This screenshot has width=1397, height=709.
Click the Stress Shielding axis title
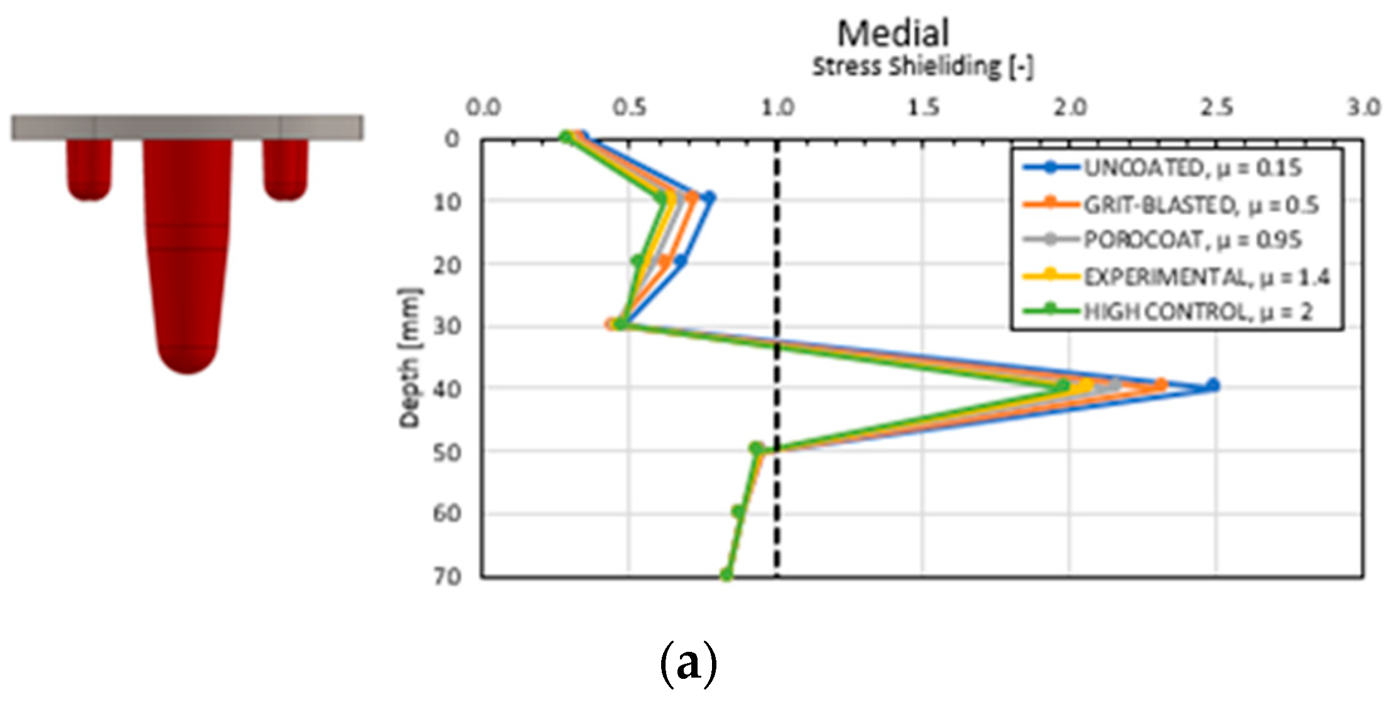(x=922, y=67)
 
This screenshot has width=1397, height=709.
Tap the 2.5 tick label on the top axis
(x=1216, y=108)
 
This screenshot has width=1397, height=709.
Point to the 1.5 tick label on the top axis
(x=924, y=108)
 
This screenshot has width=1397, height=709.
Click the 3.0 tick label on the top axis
(x=1363, y=108)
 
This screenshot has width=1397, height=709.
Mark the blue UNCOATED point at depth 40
(x=1213, y=385)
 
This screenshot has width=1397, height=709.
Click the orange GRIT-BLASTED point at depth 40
(x=1162, y=385)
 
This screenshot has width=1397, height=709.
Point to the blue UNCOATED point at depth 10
(x=709, y=198)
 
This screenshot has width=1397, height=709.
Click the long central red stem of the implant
(x=188, y=251)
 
